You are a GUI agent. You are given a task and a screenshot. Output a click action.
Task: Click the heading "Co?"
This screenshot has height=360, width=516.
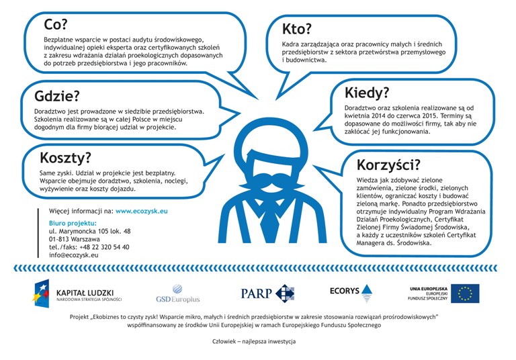click(x=56, y=25)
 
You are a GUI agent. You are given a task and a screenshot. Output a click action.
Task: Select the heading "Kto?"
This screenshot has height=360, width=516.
click(x=297, y=29)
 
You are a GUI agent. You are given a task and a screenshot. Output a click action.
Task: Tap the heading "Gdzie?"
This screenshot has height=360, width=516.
click(x=57, y=96)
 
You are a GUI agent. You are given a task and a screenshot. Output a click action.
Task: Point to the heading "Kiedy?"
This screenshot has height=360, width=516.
click(x=367, y=93)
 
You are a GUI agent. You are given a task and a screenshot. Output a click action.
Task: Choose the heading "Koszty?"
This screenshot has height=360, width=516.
click(x=65, y=159)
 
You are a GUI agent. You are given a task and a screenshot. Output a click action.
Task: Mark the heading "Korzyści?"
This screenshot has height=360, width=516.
click(x=389, y=165)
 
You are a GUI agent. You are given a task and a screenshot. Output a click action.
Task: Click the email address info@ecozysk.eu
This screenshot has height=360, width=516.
click(x=74, y=255)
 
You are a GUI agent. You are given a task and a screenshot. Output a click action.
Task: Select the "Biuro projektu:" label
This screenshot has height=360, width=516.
click(x=73, y=222)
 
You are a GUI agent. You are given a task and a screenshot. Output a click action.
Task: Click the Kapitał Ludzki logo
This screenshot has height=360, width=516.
click(x=77, y=294)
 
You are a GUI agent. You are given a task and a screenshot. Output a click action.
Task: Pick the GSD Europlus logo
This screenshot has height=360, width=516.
click(x=177, y=294)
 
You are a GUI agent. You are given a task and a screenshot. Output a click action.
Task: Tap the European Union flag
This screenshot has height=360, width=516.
click(x=465, y=294)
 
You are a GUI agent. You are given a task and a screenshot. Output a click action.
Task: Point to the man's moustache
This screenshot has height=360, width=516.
click(x=259, y=181)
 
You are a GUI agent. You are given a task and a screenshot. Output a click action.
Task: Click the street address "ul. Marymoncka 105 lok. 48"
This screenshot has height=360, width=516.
click(x=89, y=231)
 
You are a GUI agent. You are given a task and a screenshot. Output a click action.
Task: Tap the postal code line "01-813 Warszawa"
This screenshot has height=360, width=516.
click(x=75, y=239)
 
